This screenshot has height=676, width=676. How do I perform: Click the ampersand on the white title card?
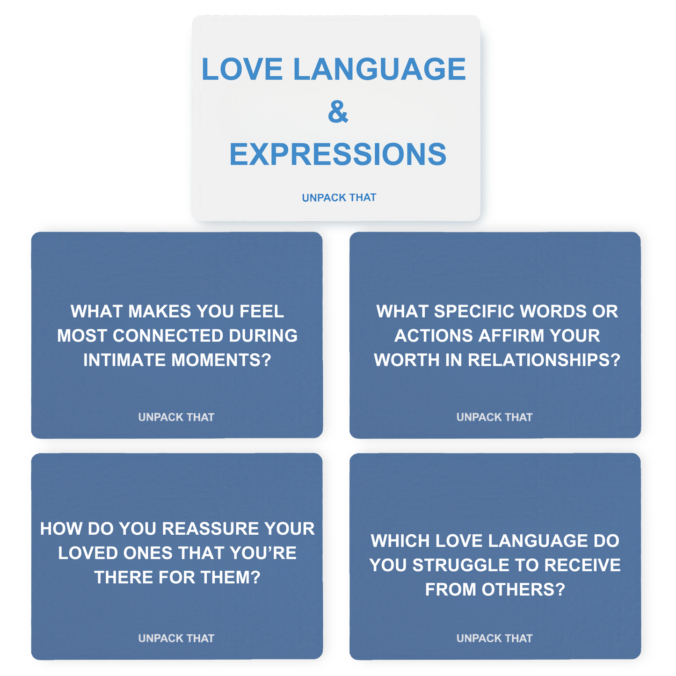[338, 111]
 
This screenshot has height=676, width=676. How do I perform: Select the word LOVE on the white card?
[242, 69]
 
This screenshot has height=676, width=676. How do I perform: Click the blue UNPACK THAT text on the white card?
[339, 197]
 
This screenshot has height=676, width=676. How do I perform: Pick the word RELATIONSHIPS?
[544, 360]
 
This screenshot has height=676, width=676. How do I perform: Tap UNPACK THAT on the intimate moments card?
[176, 417]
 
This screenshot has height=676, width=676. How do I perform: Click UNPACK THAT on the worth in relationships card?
[494, 417]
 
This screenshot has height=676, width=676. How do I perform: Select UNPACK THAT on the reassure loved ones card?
[176, 638]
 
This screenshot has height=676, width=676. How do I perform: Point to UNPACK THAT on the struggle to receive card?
[494, 638]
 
